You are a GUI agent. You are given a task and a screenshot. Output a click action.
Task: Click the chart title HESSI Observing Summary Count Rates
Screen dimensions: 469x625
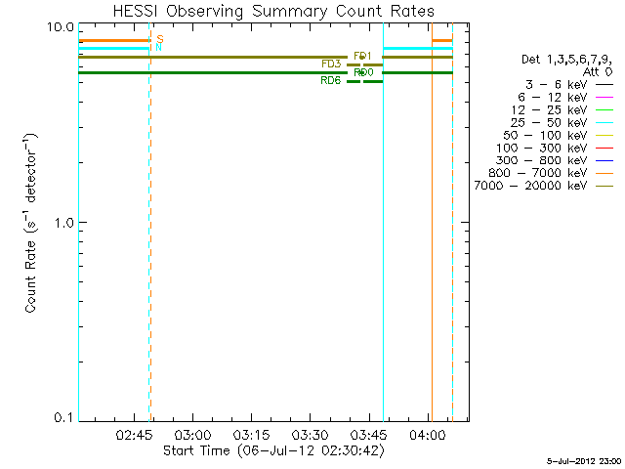tap(273, 11)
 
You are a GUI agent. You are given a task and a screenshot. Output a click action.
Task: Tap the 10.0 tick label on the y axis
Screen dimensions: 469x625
tap(62, 25)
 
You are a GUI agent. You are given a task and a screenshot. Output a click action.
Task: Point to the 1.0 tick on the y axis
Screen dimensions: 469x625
tap(65, 222)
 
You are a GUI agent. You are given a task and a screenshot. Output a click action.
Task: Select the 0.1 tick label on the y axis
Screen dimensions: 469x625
tap(65, 417)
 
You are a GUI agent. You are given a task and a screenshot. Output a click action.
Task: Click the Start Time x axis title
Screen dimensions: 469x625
tap(273, 450)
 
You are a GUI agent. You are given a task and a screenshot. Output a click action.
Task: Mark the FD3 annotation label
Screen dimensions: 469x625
tap(331, 64)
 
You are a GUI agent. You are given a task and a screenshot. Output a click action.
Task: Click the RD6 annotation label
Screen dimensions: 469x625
tap(331, 81)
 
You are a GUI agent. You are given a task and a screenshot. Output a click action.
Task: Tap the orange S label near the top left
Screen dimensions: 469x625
tap(159, 39)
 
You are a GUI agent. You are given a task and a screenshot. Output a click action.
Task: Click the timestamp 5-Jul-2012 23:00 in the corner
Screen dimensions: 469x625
tap(584, 459)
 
